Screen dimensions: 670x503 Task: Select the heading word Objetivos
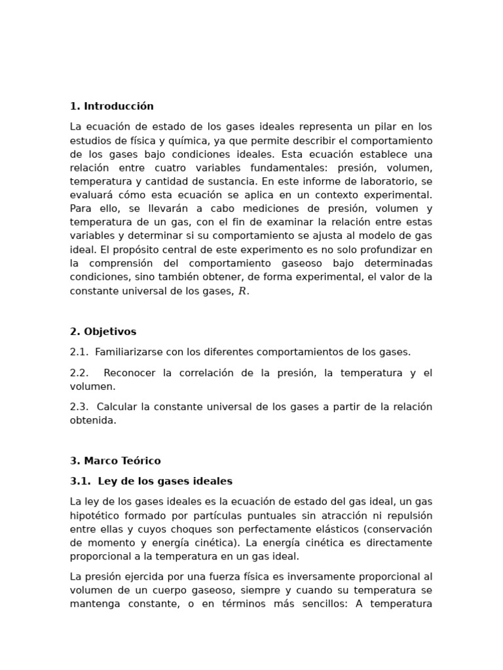pyautogui.click(x=110, y=331)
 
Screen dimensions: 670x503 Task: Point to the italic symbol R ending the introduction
pyautogui.click(x=242, y=291)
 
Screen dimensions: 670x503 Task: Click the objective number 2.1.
pyautogui.click(x=79, y=351)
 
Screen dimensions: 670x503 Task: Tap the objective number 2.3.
pyautogui.click(x=79, y=406)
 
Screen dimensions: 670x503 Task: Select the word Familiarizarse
pyautogui.click(x=129, y=351)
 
